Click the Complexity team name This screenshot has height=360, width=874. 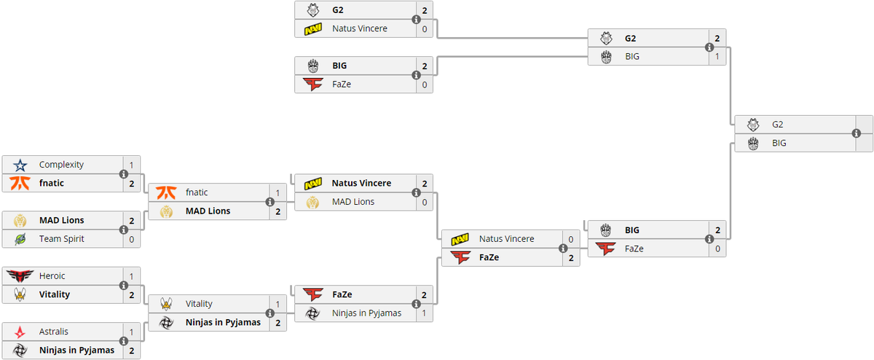coord(61,165)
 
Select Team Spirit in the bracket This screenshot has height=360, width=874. coord(62,239)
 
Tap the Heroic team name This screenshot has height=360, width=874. coord(52,276)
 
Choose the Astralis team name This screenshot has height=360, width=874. coord(54,332)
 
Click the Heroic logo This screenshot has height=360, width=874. coord(20,276)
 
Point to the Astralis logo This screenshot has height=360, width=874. coord(20,332)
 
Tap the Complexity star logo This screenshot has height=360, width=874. coord(20,165)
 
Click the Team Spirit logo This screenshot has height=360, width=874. coord(20,239)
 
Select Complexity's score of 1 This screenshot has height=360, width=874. coord(132,165)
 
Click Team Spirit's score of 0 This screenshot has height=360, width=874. coord(132,239)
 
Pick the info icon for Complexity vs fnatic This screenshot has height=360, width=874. coord(123,174)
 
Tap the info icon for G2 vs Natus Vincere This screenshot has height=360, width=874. coord(416,20)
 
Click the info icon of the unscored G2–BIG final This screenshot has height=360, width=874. coord(856,133)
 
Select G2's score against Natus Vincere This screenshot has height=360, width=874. coord(425,11)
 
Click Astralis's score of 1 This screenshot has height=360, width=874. coord(132,332)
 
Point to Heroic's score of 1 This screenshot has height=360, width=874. coord(132,276)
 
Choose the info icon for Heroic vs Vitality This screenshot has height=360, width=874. coord(123,286)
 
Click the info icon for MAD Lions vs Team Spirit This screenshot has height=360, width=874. coord(123,230)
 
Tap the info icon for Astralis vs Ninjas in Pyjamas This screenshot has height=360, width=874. coord(123,341)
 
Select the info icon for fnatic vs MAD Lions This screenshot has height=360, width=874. coord(270,202)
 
